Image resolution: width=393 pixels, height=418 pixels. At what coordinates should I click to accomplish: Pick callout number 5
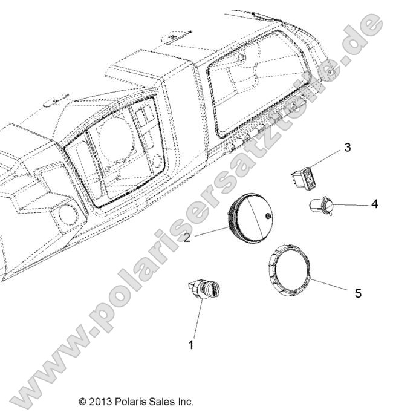(x=357, y=293)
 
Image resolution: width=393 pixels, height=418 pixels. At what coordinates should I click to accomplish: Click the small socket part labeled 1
(x=206, y=289)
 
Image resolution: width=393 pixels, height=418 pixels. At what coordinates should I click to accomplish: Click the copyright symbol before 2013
(x=83, y=401)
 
